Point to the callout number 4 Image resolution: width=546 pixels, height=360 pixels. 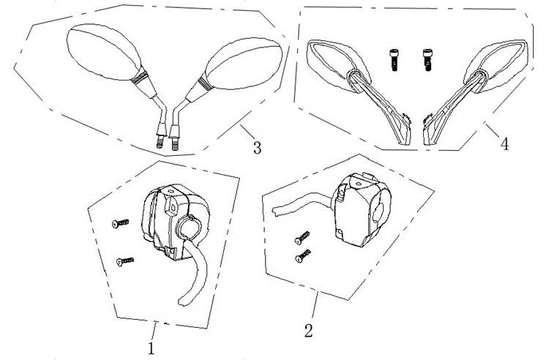click(x=504, y=144)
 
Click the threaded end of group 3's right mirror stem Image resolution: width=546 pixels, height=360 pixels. click(x=175, y=143)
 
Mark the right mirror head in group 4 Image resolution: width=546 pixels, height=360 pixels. click(x=495, y=61)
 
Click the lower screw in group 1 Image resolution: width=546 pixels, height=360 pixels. click(x=126, y=259)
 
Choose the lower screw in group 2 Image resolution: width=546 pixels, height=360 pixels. click(x=300, y=258)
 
